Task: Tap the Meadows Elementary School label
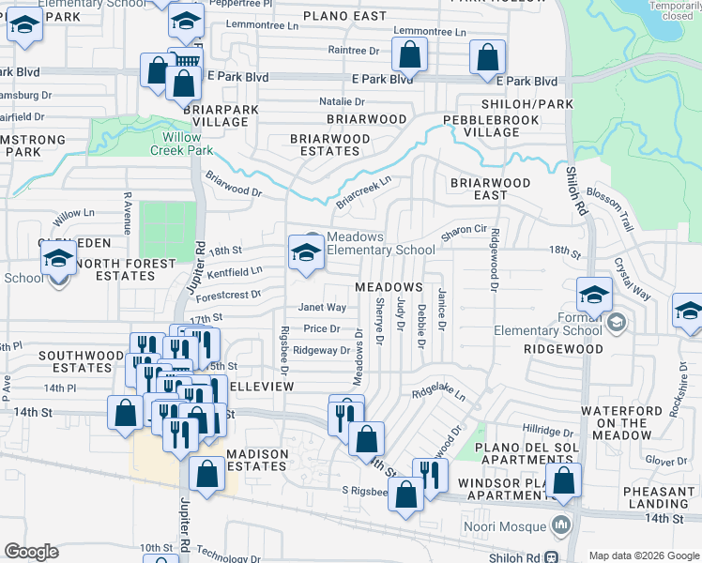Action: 380,243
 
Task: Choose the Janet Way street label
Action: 322,308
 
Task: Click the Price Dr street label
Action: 322,328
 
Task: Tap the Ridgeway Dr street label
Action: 321,350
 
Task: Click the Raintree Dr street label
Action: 353,50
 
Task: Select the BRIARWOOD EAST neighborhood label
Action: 490,189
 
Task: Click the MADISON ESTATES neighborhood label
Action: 258,460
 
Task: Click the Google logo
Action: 31,552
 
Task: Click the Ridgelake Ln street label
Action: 438,390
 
